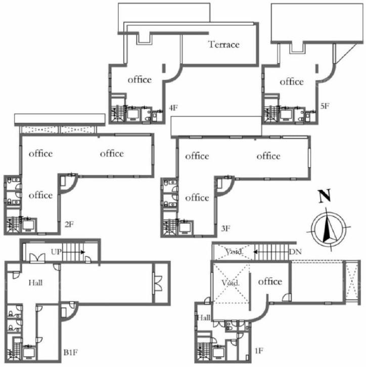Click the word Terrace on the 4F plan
224,44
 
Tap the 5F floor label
325,106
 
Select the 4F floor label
173,108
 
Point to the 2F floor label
69,224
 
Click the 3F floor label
226,228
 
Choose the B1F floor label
71,352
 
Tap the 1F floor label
259,351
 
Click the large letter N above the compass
325,196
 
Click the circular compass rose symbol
329,228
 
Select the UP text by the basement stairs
56,252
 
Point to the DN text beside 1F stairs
295,252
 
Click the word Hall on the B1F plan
35,283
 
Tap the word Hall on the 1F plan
204,317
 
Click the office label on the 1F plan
270,281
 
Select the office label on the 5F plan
292,82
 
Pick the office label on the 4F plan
140,79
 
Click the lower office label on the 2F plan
40,195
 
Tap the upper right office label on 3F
268,156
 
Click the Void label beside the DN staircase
234,252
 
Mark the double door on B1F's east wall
157,284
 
